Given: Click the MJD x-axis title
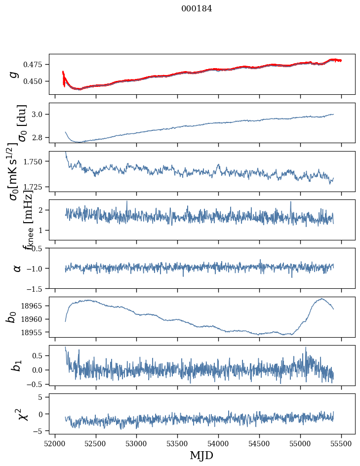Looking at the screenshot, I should pos(201,455).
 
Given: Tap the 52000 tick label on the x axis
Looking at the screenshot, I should pos(55,443).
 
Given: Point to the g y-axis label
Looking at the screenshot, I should pos(15,74).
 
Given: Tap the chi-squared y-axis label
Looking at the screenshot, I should pos(22,414).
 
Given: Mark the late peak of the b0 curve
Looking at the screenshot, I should pos(321,299).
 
